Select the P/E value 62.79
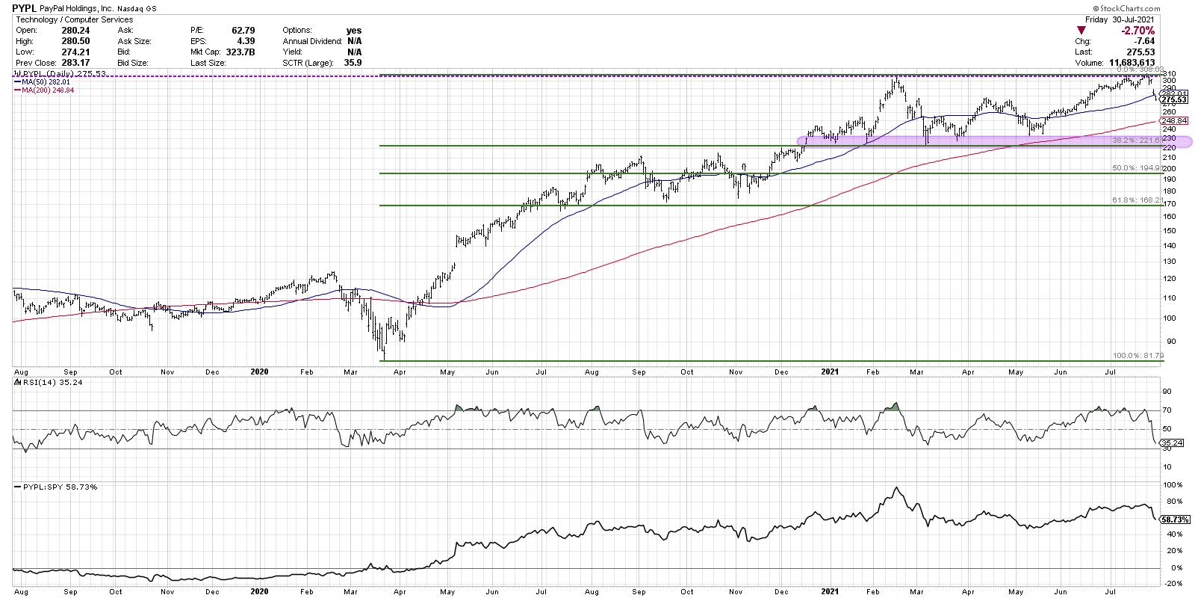click(x=223, y=30)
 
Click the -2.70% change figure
click(x=1138, y=31)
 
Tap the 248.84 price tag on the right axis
click(x=1173, y=121)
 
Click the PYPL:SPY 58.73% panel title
click(x=51, y=487)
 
